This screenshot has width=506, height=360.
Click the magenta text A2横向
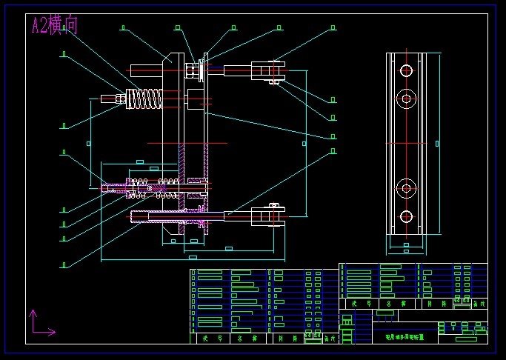coord(54,26)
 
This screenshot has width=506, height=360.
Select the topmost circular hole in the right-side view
coord(406,71)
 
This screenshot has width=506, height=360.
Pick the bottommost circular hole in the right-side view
coord(406,217)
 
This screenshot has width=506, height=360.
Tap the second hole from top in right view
coord(406,99)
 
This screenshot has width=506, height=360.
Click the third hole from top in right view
coord(406,185)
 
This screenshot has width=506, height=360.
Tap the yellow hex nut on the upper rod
coord(190,71)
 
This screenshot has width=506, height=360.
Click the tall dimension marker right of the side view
coord(436,141)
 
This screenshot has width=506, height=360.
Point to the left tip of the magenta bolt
coord(104,188)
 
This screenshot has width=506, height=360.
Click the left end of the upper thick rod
coord(133,70)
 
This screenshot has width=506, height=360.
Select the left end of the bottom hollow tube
coord(133,216)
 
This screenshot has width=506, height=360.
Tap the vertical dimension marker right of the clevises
coord(303,142)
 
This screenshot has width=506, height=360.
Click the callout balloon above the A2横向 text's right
coord(123,28)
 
